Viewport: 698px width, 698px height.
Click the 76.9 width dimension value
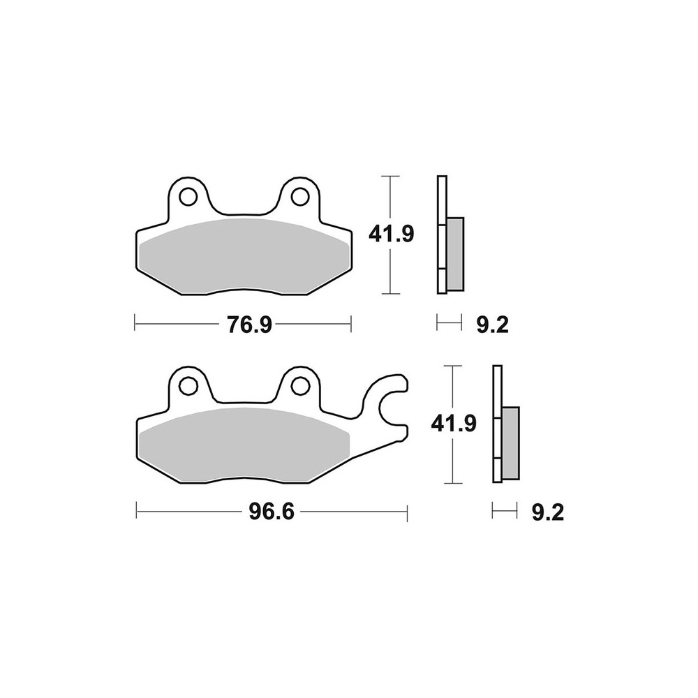point(249,325)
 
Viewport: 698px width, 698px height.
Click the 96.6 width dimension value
point(272,512)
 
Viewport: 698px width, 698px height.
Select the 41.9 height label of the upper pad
point(392,234)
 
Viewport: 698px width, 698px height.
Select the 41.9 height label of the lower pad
point(454,424)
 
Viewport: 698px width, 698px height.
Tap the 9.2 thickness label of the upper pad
point(492,325)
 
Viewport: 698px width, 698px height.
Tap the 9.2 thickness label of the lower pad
point(548,513)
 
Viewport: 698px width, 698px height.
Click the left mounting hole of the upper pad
point(188,196)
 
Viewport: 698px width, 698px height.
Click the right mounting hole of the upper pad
point(300,196)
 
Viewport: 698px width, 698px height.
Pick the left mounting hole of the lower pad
point(188,385)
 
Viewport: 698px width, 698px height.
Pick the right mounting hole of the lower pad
point(300,385)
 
